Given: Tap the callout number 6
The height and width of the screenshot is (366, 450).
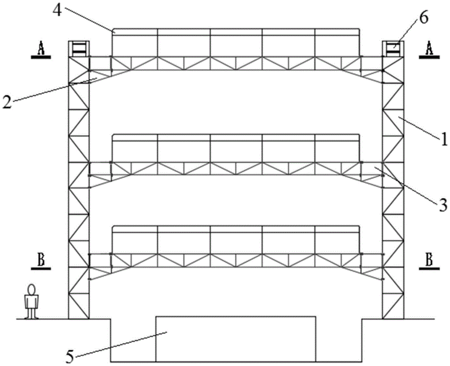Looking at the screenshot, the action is pyautogui.click(x=423, y=18).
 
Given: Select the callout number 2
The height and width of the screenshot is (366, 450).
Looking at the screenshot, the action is pyautogui.click(x=7, y=101).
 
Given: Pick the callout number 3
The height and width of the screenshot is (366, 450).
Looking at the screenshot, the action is pyautogui.click(x=443, y=206).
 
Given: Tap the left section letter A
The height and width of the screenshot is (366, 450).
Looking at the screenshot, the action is pyautogui.click(x=41, y=48).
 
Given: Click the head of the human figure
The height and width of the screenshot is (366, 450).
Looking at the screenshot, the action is pyautogui.click(x=31, y=289).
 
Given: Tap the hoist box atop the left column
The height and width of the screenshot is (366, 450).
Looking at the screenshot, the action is pyautogui.click(x=79, y=48).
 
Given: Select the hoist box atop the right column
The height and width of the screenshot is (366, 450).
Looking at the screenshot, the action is pyautogui.click(x=393, y=48).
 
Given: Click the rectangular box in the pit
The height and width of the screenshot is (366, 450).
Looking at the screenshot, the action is pyautogui.click(x=236, y=339).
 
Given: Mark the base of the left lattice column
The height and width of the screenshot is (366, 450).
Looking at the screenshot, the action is pyautogui.click(x=79, y=319).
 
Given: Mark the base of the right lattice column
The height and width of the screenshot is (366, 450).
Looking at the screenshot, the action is pyautogui.click(x=393, y=319).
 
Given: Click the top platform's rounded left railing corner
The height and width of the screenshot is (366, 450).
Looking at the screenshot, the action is pyautogui.click(x=113, y=30).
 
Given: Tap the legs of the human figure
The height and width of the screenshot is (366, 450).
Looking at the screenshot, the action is pyautogui.click(x=31, y=313).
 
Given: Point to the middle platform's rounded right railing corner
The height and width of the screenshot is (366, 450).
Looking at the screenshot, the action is pyautogui.click(x=359, y=136).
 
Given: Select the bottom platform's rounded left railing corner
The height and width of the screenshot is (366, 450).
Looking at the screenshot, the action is pyautogui.click(x=113, y=228).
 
